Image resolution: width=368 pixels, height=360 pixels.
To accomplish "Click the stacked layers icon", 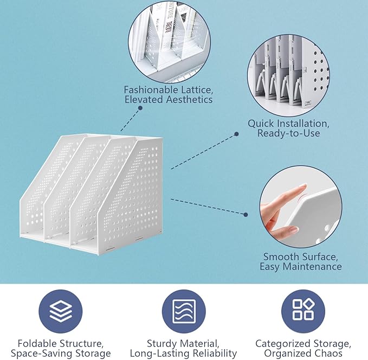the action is (x=61, y=311).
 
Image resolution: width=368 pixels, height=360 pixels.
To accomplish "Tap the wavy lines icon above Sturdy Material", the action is (x=184, y=311).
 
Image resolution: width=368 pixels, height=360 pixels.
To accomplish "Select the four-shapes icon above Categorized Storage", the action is (x=303, y=311).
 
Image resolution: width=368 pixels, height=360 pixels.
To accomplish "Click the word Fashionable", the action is (x=151, y=90).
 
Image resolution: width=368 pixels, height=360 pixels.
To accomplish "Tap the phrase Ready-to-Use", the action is (x=289, y=133).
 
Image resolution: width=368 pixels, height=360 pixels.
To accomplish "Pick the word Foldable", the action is (x=37, y=344).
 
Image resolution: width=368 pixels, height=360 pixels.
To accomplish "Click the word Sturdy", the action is (x=162, y=344).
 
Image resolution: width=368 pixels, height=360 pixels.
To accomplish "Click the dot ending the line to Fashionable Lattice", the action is (x=140, y=108).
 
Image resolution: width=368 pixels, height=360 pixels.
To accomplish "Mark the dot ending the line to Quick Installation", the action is (x=236, y=134).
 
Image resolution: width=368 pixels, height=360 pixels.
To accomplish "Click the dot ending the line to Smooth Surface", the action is (x=246, y=215).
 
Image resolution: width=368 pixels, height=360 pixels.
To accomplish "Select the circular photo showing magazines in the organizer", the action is (x=170, y=42).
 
